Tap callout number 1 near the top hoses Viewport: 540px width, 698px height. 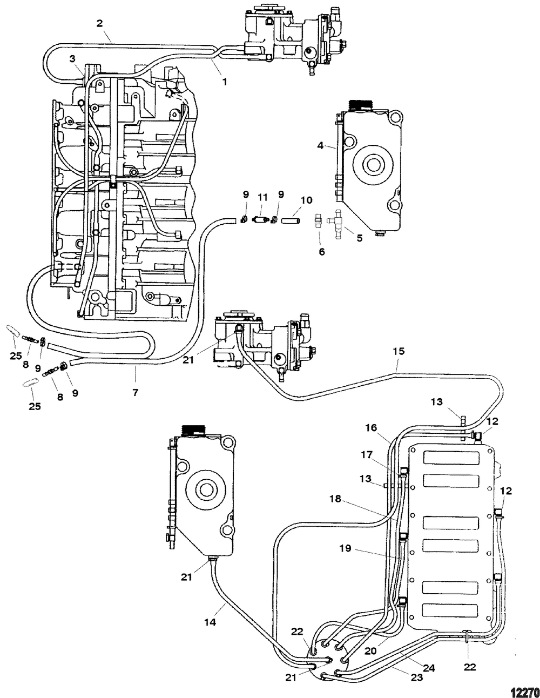(x=225, y=82)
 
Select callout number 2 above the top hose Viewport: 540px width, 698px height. (x=99, y=23)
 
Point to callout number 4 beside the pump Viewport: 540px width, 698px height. (x=320, y=145)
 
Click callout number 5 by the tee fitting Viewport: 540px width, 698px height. (x=359, y=238)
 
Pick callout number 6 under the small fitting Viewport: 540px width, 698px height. (x=322, y=252)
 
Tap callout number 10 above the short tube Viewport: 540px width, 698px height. (x=307, y=200)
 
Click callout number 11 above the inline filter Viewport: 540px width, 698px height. (x=263, y=197)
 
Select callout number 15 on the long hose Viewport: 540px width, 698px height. (x=398, y=351)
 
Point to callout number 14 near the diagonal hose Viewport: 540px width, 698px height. (x=210, y=622)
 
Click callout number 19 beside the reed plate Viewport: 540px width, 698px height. (x=346, y=548)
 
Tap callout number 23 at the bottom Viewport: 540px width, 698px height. (x=416, y=669)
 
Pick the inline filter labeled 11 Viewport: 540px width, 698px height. (x=261, y=220)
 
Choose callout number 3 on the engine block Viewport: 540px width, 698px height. (x=72, y=59)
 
